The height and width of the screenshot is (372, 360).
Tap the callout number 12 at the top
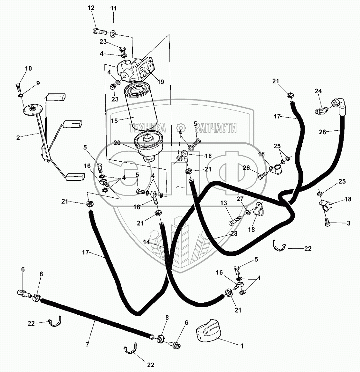(91, 8)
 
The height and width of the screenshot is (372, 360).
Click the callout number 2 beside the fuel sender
(18, 138)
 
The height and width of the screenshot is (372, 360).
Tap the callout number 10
(28, 68)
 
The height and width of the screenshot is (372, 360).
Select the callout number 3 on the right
(348, 223)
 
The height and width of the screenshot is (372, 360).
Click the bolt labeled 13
(237, 221)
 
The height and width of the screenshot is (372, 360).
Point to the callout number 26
(246, 168)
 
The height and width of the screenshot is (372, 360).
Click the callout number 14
(147, 242)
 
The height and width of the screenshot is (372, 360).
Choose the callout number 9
(38, 83)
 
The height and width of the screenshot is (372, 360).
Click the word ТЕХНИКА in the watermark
(147, 128)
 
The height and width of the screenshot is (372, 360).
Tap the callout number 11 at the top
(113, 8)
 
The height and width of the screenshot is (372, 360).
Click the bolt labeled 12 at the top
(100, 32)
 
